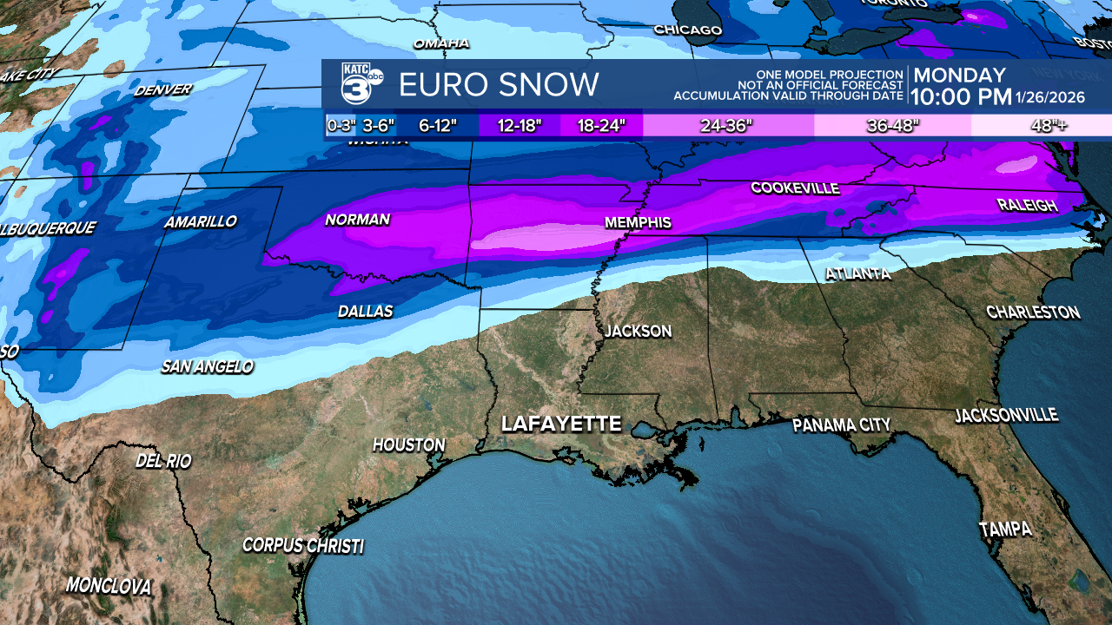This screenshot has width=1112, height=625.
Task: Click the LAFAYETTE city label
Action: click(561, 424)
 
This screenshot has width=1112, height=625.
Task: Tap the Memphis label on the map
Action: click(638, 223)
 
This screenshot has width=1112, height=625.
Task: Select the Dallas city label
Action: click(365, 312)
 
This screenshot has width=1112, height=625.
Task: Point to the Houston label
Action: click(408, 445)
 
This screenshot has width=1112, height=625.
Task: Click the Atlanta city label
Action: click(858, 274)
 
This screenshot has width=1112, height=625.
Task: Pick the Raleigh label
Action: click(1028, 206)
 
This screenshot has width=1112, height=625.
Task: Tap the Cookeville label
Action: click(795, 188)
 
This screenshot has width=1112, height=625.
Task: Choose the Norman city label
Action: click(357, 220)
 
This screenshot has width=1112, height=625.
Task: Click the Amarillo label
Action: click(201, 222)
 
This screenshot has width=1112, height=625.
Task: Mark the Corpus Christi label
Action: click(302, 546)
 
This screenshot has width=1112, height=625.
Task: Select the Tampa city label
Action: click(1005, 529)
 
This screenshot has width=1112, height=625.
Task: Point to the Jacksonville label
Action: click(1006, 416)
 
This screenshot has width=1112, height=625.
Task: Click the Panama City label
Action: click(841, 425)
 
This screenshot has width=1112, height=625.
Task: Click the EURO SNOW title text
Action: click(499, 85)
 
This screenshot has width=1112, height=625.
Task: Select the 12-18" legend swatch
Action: click(520, 125)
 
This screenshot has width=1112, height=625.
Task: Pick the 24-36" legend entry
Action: click(727, 125)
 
